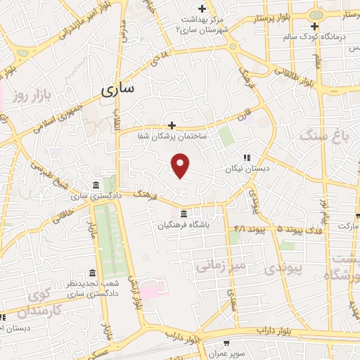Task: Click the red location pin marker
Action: (x=181, y=165)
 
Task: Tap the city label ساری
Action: (x=117, y=89)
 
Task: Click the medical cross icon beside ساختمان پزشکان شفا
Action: (x=172, y=125)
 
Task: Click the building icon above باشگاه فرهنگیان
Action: (x=184, y=214)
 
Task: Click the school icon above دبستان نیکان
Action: (x=246, y=158)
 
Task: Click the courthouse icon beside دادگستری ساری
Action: (x=96, y=184)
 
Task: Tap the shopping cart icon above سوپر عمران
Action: (x=226, y=344)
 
